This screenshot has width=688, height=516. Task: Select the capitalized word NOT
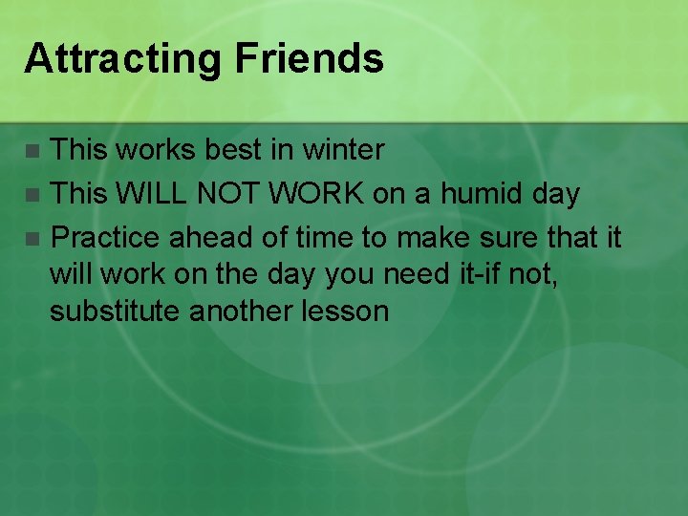pos(229,194)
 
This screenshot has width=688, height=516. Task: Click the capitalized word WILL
pos(151,194)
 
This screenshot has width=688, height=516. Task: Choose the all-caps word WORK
pos(317,194)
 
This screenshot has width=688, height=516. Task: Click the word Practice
pos(105,238)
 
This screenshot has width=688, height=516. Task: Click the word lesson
pos(350,312)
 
